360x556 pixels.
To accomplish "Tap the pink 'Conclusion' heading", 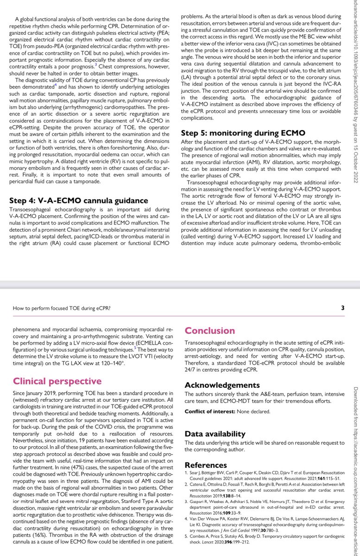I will (x=210, y=330).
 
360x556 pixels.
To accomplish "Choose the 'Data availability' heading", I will (x=215, y=434).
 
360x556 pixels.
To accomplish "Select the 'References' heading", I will (x=206, y=465).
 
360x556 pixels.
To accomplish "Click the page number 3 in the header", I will (x=342, y=308).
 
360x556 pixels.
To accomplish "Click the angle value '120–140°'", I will (x=112, y=365).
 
